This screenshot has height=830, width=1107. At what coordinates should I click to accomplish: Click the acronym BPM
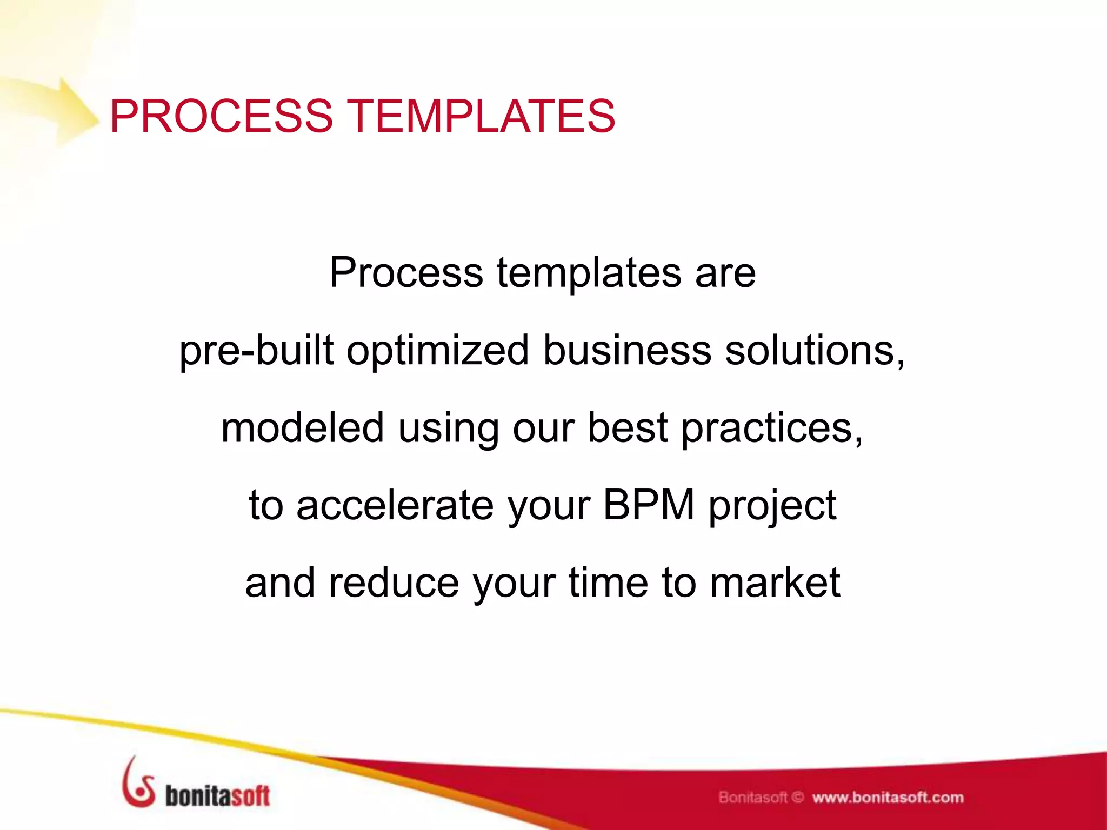(x=649, y=505)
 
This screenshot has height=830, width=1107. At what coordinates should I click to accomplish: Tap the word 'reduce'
(x=394, y=584)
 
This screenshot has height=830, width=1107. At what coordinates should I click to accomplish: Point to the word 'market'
(x=775, y=584)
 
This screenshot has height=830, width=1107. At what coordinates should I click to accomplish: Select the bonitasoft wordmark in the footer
(x=217, y=796)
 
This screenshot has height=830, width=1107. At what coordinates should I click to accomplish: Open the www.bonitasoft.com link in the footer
(x=888, y=798)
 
